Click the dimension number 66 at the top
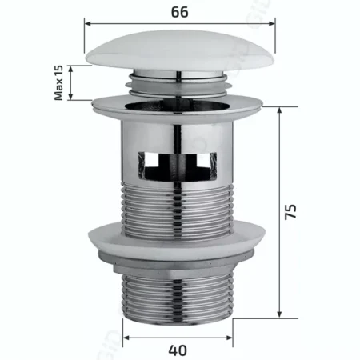pyautogui.click(x=179, y=12)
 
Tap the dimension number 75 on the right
pyautogui.click(x=290, y=212)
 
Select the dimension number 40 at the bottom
pyautogui.click(x=178, y=350)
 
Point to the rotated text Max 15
pyautogui.click(x=58, y=82)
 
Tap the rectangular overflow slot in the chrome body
pyautogui.click(x=178, y=165)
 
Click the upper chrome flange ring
pyautogui.click(x=177, y=106)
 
